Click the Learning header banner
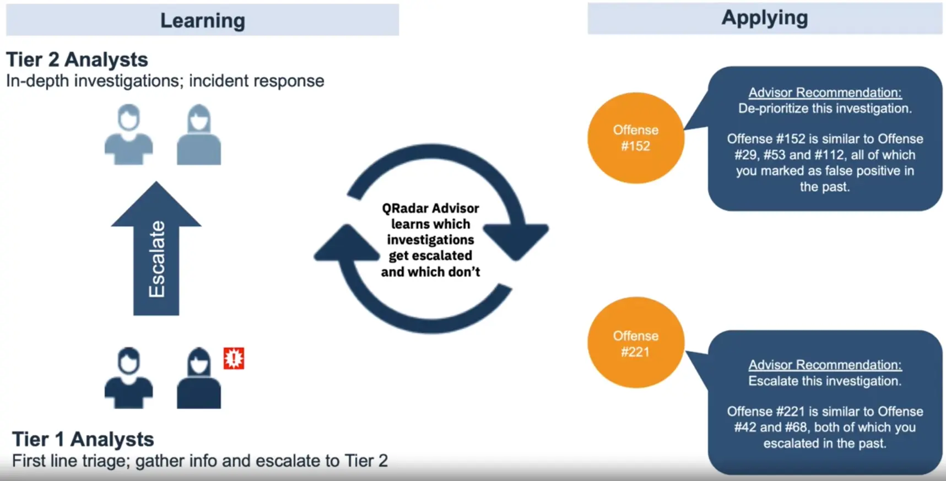[x=202, y=20]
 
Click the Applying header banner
[x=764, y=18]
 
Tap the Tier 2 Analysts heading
[x=77, y=60]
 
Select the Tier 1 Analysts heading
[x=83, y=439]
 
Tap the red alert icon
[x=234, y=358]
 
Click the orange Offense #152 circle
[x=635, y=138]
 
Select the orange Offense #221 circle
[x=635, y=343]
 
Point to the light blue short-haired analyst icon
[x=128, y=135]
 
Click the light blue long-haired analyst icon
[x=198, y=135]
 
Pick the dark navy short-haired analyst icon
[x=128, y=379]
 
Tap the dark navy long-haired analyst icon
[x=198, y=379]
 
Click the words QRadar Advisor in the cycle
[x=430, y=208]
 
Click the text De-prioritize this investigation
[x=825, y=109]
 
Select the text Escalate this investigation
[x=825, y=381]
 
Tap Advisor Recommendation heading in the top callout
[x=825, y=93]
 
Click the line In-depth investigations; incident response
[x=165, y=81]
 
